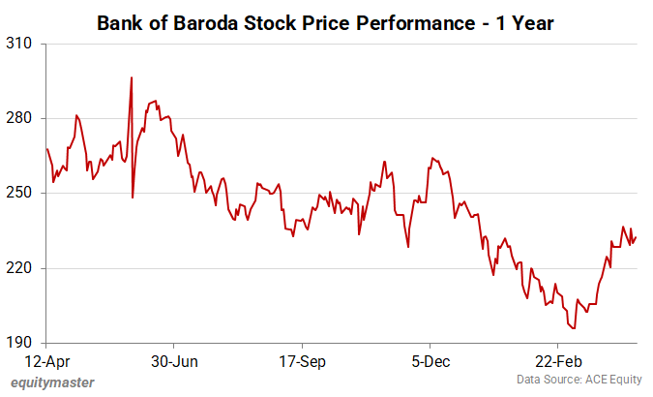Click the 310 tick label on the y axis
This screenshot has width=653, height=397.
(19, 45)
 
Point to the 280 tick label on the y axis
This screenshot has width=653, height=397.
(19, 119)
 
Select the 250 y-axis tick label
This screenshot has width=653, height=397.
(19, 194)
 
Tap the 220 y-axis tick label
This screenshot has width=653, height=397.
(19, 268)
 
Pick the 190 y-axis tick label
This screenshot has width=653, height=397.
(19, 343)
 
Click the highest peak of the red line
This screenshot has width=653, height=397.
(132, 77)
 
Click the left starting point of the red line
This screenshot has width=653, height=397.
(46, 148)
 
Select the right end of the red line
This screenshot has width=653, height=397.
(637, 237)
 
